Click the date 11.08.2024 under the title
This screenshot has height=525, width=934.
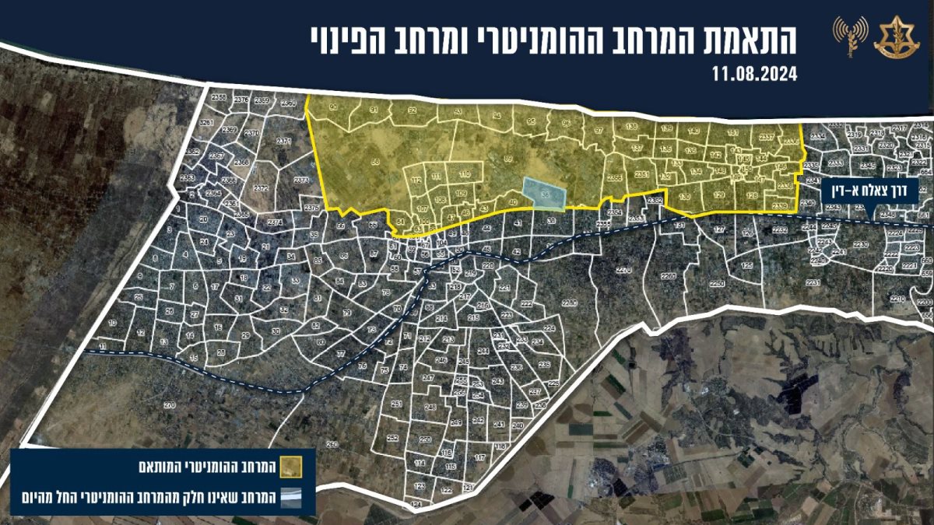[x=754, y=75]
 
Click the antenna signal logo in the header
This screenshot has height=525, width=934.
[x=850, y=36]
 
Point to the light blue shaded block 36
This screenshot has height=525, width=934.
[x=544, y=192]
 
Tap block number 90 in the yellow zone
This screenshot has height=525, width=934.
[x=334, y=107]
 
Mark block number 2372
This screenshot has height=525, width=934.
[x=261, y=188]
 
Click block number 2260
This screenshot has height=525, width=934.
[x=668, y=276]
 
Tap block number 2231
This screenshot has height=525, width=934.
[x=813, y=282]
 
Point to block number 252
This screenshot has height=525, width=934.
[x=392, y=438]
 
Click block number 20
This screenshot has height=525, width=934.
[x=203, y=220]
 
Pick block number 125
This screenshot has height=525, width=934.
[x=747, y=266]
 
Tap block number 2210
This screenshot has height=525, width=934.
[x=897, y=298]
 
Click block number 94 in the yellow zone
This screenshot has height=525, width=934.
[x=496, y=116]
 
